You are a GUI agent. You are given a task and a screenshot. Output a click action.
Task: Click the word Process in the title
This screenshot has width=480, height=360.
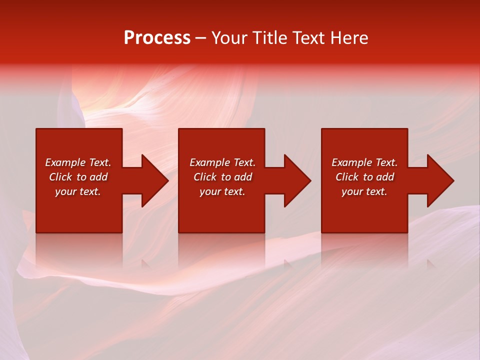point(157,38)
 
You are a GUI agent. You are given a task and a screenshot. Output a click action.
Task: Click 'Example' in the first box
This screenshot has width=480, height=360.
point(65,162)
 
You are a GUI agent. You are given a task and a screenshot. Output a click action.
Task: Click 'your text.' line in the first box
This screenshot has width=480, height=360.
point(78,191)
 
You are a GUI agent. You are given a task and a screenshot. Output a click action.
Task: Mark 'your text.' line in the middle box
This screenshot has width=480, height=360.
point(222,191)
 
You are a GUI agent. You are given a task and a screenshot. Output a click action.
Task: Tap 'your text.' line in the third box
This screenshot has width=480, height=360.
point(364,191)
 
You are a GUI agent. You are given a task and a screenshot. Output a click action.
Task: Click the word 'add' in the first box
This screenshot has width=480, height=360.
point(99,177)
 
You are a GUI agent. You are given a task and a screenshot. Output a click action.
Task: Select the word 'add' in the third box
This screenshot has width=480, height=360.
point(385,177)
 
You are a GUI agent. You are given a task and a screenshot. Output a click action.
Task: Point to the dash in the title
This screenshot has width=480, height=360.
point(200,38)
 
